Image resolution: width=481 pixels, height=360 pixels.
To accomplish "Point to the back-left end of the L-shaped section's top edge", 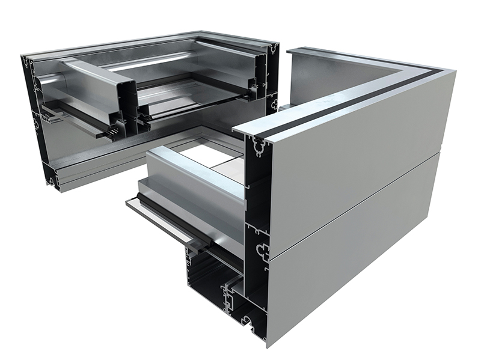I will pyautogui.click(x=289, y=52).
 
